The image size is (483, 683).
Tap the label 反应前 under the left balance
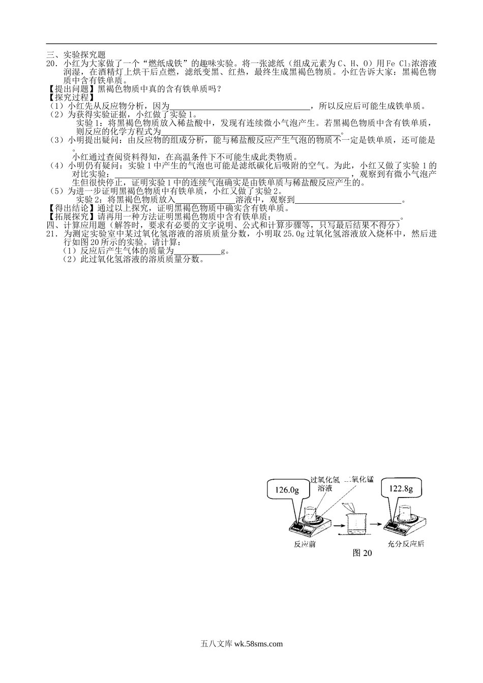click(305, 544)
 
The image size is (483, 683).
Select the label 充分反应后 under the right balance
click(406, 544)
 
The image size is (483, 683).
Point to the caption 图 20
click(362, 553)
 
